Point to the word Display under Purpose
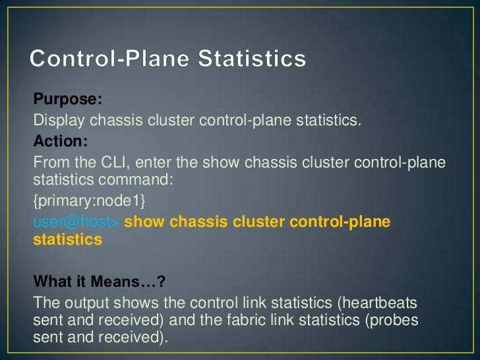tap(59, 121)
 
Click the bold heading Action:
tap(59, 142)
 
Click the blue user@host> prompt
tap(76, 222)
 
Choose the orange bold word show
tap(144, 222)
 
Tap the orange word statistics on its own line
tap(67, 239)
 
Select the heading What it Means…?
tap(99, 282)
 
